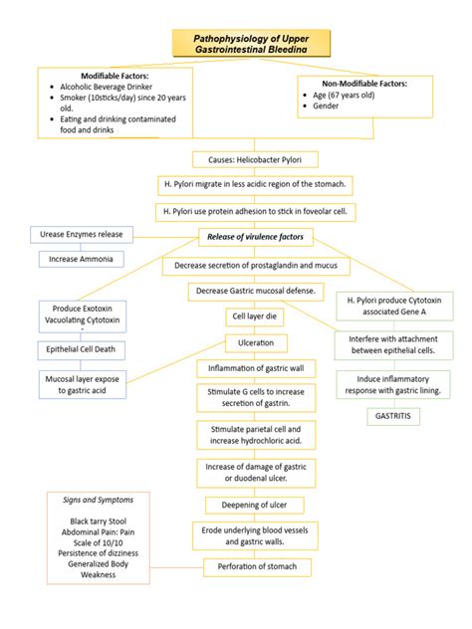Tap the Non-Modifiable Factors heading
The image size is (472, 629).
tap(365, 84)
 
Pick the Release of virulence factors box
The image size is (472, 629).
tap(256, 237)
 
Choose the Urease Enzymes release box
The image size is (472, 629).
tap(82, 234)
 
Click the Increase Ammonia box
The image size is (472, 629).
tap(82, 259)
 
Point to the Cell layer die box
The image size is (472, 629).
tap(256, 316)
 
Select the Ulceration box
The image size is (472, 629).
tap(256, 342)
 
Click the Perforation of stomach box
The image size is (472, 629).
tap(256, 567)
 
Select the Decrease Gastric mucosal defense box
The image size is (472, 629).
tap(256, 291)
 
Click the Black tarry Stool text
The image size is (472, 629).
tap(99, 521)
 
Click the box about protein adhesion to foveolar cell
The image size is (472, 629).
tap(256, 211)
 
